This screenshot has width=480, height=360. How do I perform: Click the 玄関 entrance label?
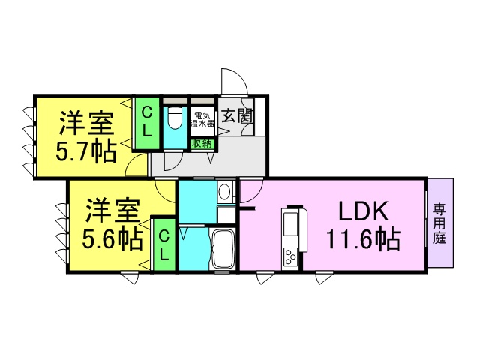(238, 116)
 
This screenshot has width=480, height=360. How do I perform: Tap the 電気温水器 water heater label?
(202, 120)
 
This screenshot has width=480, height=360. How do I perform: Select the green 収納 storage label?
(202, 143)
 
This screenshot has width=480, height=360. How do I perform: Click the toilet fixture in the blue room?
(175, 118)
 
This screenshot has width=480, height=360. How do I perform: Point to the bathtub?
(223, 250)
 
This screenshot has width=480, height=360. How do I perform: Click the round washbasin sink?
(225, 191)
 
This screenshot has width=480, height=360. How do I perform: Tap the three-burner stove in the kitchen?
(289, 256)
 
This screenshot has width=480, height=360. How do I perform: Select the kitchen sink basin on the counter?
(289, 223)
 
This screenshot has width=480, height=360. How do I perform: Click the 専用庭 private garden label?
(439, 223)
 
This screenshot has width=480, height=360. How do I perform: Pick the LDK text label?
(364, 211)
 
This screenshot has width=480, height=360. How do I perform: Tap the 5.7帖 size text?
(86, 151)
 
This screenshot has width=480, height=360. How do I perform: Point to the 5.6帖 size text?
(112, 239)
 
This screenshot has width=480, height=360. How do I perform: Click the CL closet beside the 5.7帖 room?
(148, 123)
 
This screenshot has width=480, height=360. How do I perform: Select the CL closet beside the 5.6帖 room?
(165, 245)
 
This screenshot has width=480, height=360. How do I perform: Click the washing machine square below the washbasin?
(226, 214)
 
